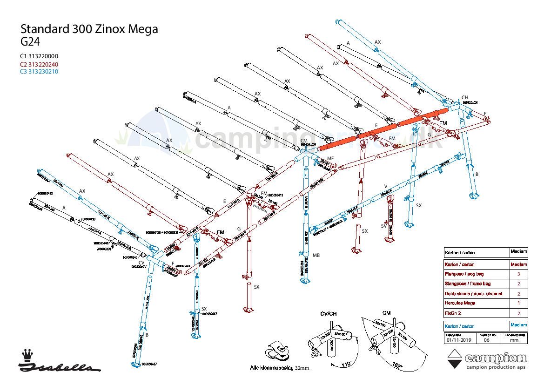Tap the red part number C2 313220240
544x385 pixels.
[39, 64]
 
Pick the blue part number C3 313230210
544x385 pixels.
[39, 72]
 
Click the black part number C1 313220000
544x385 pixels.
[39, 57]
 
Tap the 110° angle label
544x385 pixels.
[346, 365]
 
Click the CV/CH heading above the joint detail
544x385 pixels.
[328, 314]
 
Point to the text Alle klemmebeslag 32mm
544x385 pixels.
[279, 368]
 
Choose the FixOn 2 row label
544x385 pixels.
[453, 313]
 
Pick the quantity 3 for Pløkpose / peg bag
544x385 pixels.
[519, 274]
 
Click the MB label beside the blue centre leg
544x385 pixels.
[316, 255]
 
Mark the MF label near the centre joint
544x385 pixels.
[330, 159]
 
